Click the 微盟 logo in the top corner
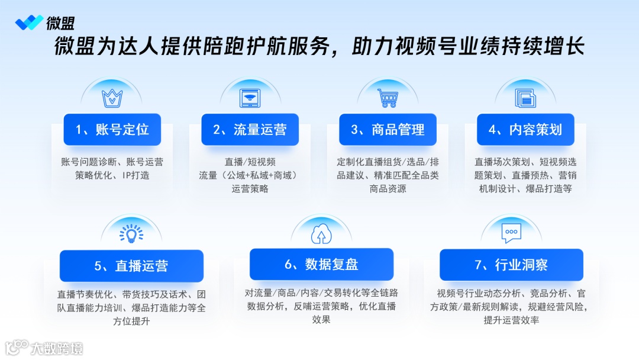coord(45,23)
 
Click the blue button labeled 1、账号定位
coord(112,130)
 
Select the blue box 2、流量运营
coord(250,130)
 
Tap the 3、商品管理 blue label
coord(388,130)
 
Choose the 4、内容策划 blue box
coord(525,130)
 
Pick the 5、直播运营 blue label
coord(131,266)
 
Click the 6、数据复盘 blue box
coord(321,264)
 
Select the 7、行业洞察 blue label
coord(511,265)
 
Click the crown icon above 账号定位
coord(112,98)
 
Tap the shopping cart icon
coord(388,98)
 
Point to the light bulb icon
coord(131,233)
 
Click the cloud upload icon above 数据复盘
coord(321,234)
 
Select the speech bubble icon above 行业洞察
coord(511,233)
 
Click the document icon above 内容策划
coord(525,98)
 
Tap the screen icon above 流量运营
coord(250,98)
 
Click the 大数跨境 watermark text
coord(57,348)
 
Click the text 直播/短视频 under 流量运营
coord(250,162)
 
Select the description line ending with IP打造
coord(112,175)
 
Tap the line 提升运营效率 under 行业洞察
coord(511,320)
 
